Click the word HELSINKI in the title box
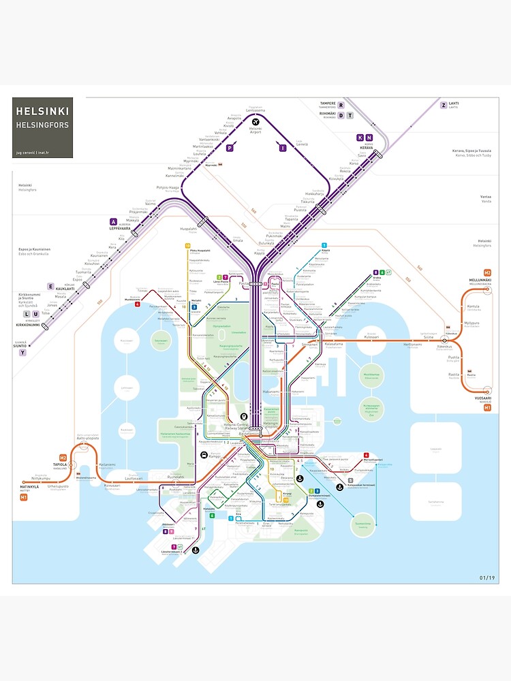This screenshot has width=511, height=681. tap(42, 110)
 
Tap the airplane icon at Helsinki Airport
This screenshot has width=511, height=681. tap(255, 121)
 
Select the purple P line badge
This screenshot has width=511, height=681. tap(230, 147)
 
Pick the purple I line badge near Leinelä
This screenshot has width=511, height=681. tap(282, 147)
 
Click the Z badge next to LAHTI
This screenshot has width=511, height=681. tap(443, 105)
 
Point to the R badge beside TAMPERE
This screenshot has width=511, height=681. tap(342, 105)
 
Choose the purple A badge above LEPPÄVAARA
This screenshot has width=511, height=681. tap(113, 221)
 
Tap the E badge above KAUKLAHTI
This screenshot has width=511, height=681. tap(50, 286)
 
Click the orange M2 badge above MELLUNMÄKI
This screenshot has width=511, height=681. tap(487, 272)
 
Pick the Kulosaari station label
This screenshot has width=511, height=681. tap(371, 336)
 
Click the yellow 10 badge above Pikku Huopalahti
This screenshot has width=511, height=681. tap(187, 245)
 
